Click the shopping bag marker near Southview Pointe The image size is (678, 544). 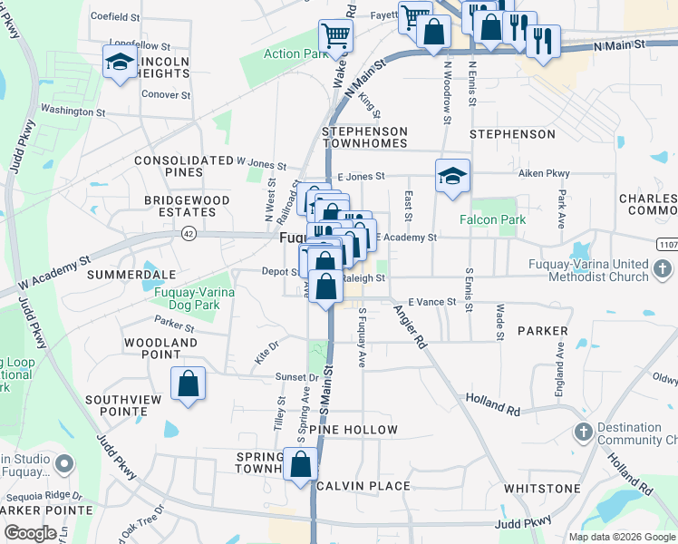(188, 384)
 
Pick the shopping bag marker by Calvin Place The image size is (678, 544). (301, 465)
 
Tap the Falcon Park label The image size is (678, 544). (492, 219)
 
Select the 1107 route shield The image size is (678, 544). (666, 244)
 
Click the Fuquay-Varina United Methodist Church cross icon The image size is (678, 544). (663, 268)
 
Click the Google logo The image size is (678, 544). (30, 532)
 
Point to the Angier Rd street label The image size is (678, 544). (409, 327)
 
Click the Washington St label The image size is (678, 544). (73, 112)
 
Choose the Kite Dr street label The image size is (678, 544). (266, 347)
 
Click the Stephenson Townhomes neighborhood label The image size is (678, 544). (365, 138)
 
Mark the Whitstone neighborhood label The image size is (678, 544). (542, 489)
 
